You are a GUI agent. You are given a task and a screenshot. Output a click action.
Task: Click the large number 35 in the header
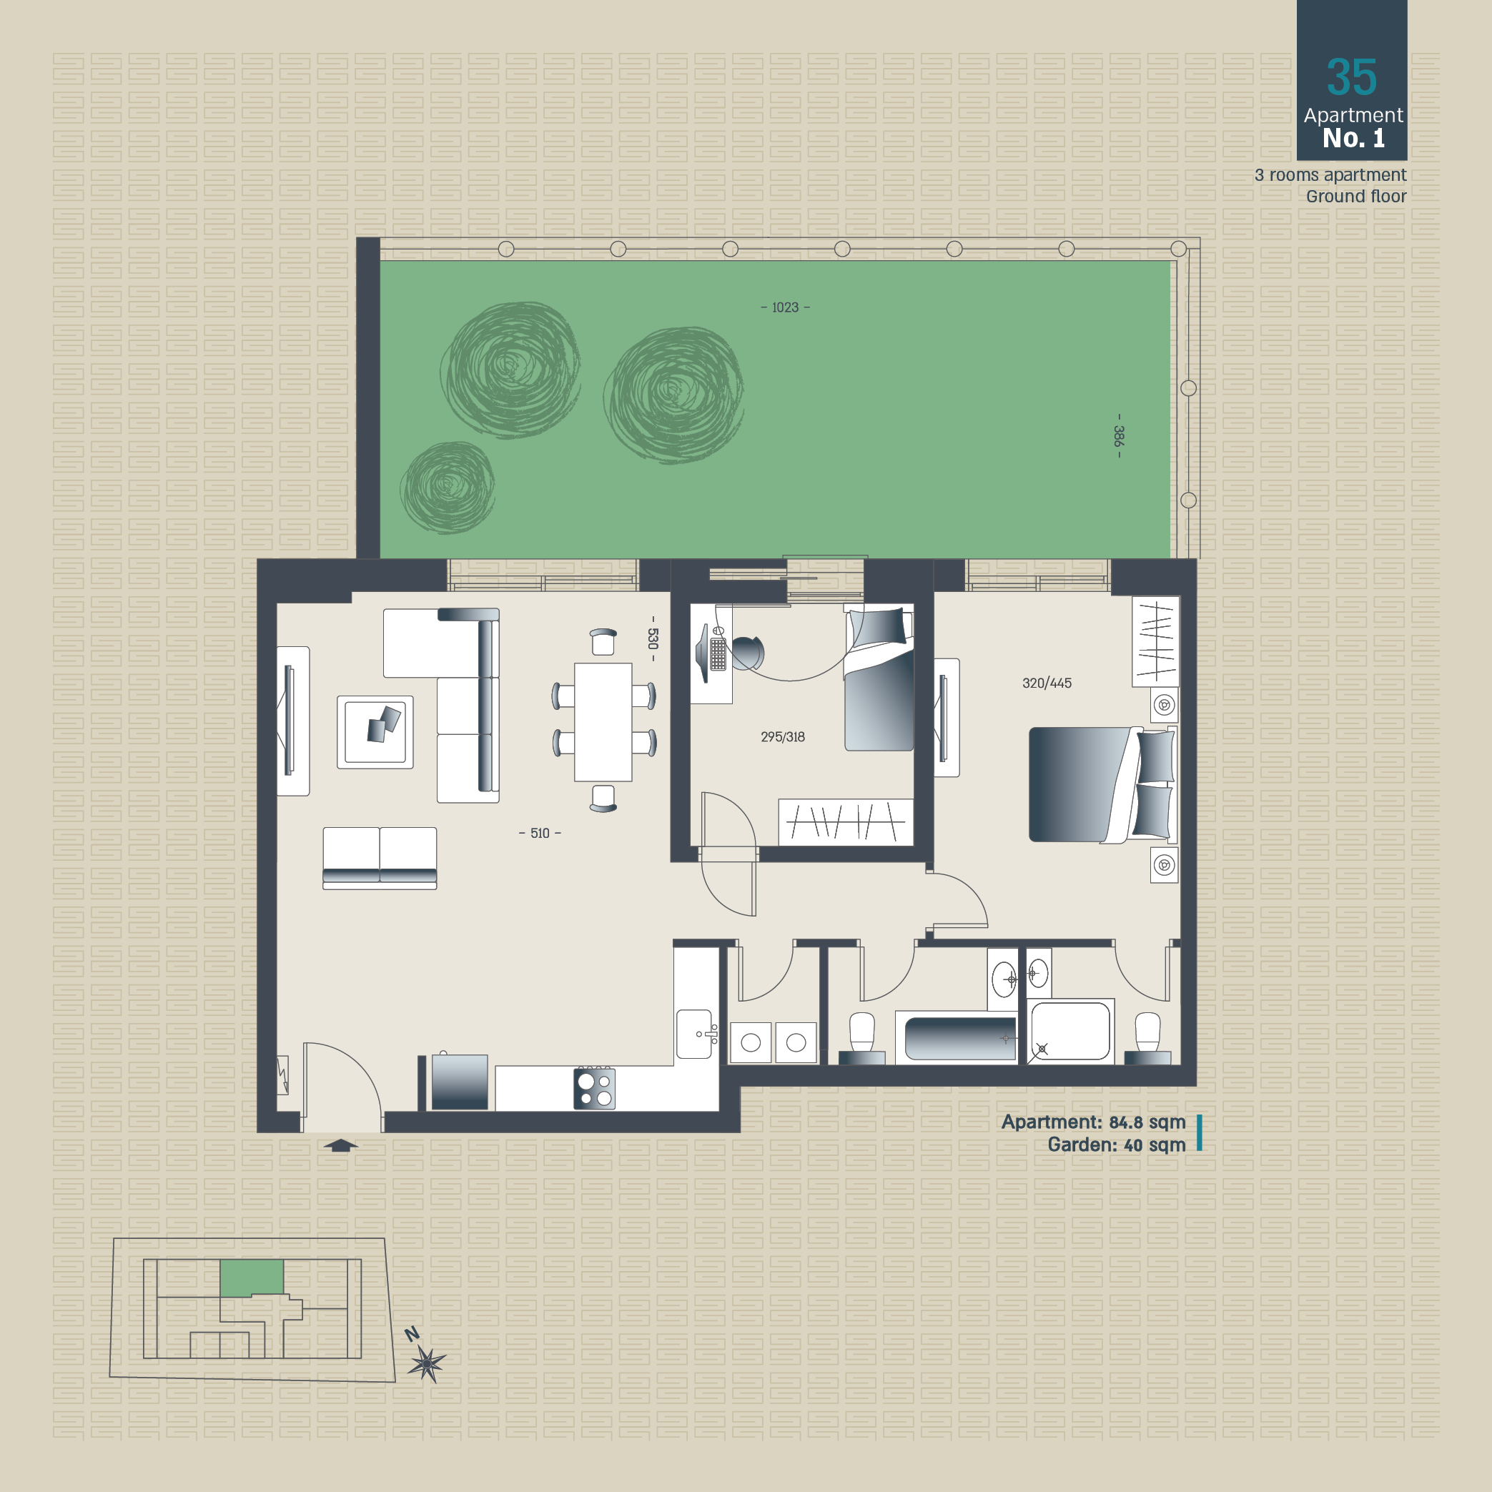pyautogui.click(x=1351, y=77)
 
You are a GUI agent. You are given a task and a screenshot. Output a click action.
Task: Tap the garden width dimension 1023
pyautogui.click(x=786, y=307)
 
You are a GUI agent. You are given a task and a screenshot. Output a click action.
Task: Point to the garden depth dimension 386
pyautogui.click(x=1118, y=436)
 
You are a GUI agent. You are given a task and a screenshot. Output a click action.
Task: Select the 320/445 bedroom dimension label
pyautogui.click(x=1047, y=683)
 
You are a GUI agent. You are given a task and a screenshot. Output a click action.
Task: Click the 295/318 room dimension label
pyautogui.click(x=782, y=737)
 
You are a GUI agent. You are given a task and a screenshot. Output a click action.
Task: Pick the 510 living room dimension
pyautogui.click(x=540, y=834)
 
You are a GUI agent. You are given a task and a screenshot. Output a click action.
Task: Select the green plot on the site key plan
pyautogui.click(x=252, y=1278)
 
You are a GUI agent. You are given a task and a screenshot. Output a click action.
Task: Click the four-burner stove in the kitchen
pyautogui.click(x=594, y=1088)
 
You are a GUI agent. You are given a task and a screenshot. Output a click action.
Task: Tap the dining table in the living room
pyautogui.click(x=603, y=722)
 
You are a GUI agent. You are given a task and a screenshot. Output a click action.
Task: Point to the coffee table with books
pyautogui.click(x=375, y=732)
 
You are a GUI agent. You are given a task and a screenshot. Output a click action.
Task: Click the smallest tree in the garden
pyautogui.click(x=448, y=488)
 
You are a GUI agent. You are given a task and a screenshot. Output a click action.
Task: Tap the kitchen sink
pyautogui.click(x=694, y=1034)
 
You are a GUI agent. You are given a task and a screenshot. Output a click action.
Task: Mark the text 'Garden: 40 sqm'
pyautogui.click(x=1116, y=1145)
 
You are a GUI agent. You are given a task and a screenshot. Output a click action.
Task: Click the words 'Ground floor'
pyautogui.click(x=1356, y=196)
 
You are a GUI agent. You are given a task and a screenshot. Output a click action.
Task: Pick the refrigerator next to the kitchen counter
pyautogui.click(x=460, y=1081)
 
